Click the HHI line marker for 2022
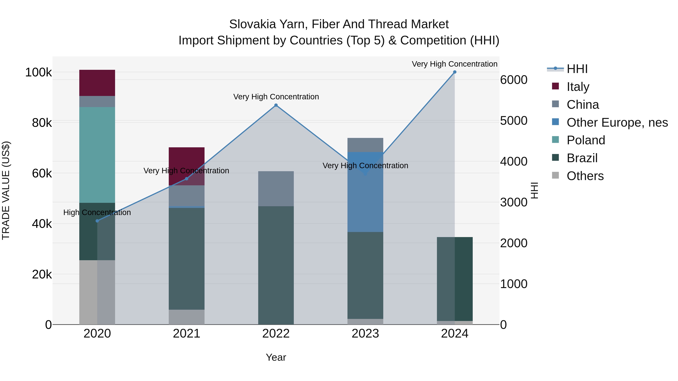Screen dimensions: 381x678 276,105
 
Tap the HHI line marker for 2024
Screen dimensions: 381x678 455,72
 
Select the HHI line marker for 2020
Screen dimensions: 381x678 97,221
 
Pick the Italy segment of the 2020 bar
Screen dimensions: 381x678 97,83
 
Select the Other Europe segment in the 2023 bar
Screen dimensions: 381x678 365,192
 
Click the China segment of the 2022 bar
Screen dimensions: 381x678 276,189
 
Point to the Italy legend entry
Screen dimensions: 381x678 578,87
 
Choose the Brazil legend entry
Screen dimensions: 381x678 582,158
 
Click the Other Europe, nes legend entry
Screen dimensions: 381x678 617,122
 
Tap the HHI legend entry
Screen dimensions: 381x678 577,69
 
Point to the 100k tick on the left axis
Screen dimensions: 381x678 38,72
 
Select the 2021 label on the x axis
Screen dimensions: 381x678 186,334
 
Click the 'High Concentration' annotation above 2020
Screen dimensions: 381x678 97,212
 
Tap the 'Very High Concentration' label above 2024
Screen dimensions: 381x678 455,64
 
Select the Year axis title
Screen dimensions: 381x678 276,357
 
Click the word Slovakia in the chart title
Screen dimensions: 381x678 252,24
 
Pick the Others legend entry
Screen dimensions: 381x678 585,176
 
